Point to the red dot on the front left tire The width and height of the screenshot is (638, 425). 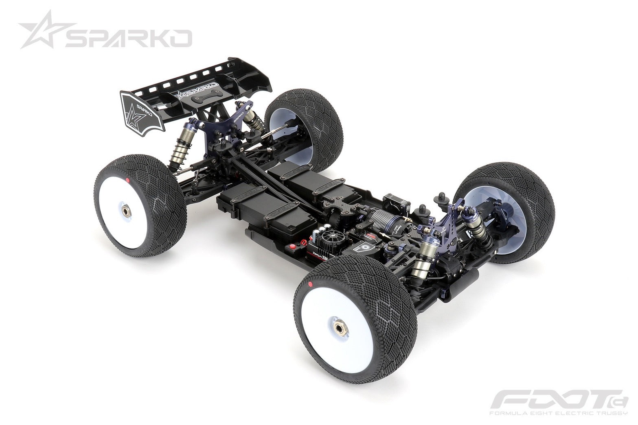click(310, 283)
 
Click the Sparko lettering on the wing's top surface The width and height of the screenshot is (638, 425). click(198, 88)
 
